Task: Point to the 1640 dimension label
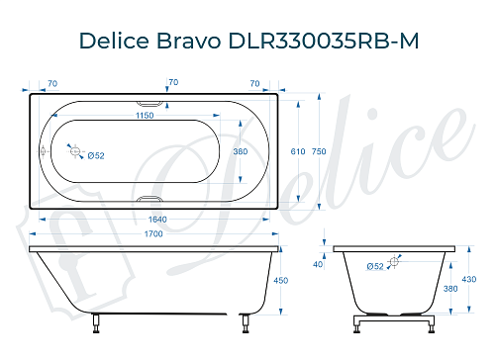tap(152, 221)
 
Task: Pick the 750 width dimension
tap(318, 153)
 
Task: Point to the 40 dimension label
tap(318, 264)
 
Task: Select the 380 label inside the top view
tap(239, 153)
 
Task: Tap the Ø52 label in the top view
tap(97, 155)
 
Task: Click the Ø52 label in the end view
tap(375, 266)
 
